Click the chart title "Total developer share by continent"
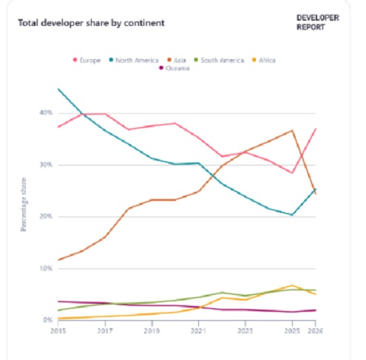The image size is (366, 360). point(91,22)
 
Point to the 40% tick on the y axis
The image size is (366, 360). point(46,113)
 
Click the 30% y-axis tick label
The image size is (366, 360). point(46,165)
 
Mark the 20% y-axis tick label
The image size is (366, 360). point(46,217)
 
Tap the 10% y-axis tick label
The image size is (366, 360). point(46,268)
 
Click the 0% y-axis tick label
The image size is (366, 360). point(47,320)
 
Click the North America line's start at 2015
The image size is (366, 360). point(58,89)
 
